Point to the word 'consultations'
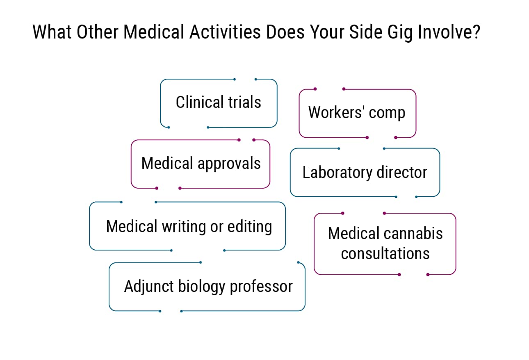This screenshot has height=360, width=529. click(385, 253)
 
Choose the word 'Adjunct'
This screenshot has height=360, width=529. click(149, 286)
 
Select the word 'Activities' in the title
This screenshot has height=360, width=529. click(225, 32)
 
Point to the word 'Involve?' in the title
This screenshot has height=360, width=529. click(449, 32)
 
